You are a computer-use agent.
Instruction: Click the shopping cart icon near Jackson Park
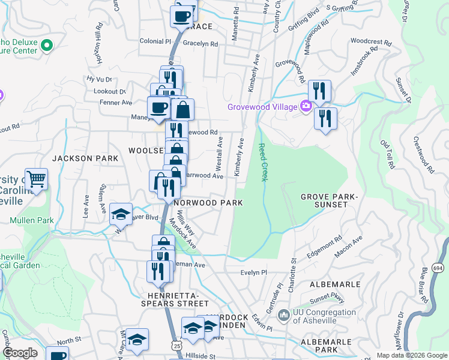pos(36,178)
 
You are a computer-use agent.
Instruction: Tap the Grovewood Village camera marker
pos(306,107)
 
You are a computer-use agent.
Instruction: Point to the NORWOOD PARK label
pos(208,203)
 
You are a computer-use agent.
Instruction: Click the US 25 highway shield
pos(175,346)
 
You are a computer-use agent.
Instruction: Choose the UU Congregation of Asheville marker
pos(285,314)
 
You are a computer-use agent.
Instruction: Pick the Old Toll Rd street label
pos(388,154)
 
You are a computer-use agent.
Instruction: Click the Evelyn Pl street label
pos(253,272)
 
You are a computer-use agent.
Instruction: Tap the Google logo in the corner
pos(20,353)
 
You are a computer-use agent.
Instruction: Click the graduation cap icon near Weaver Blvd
pos(121,214)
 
